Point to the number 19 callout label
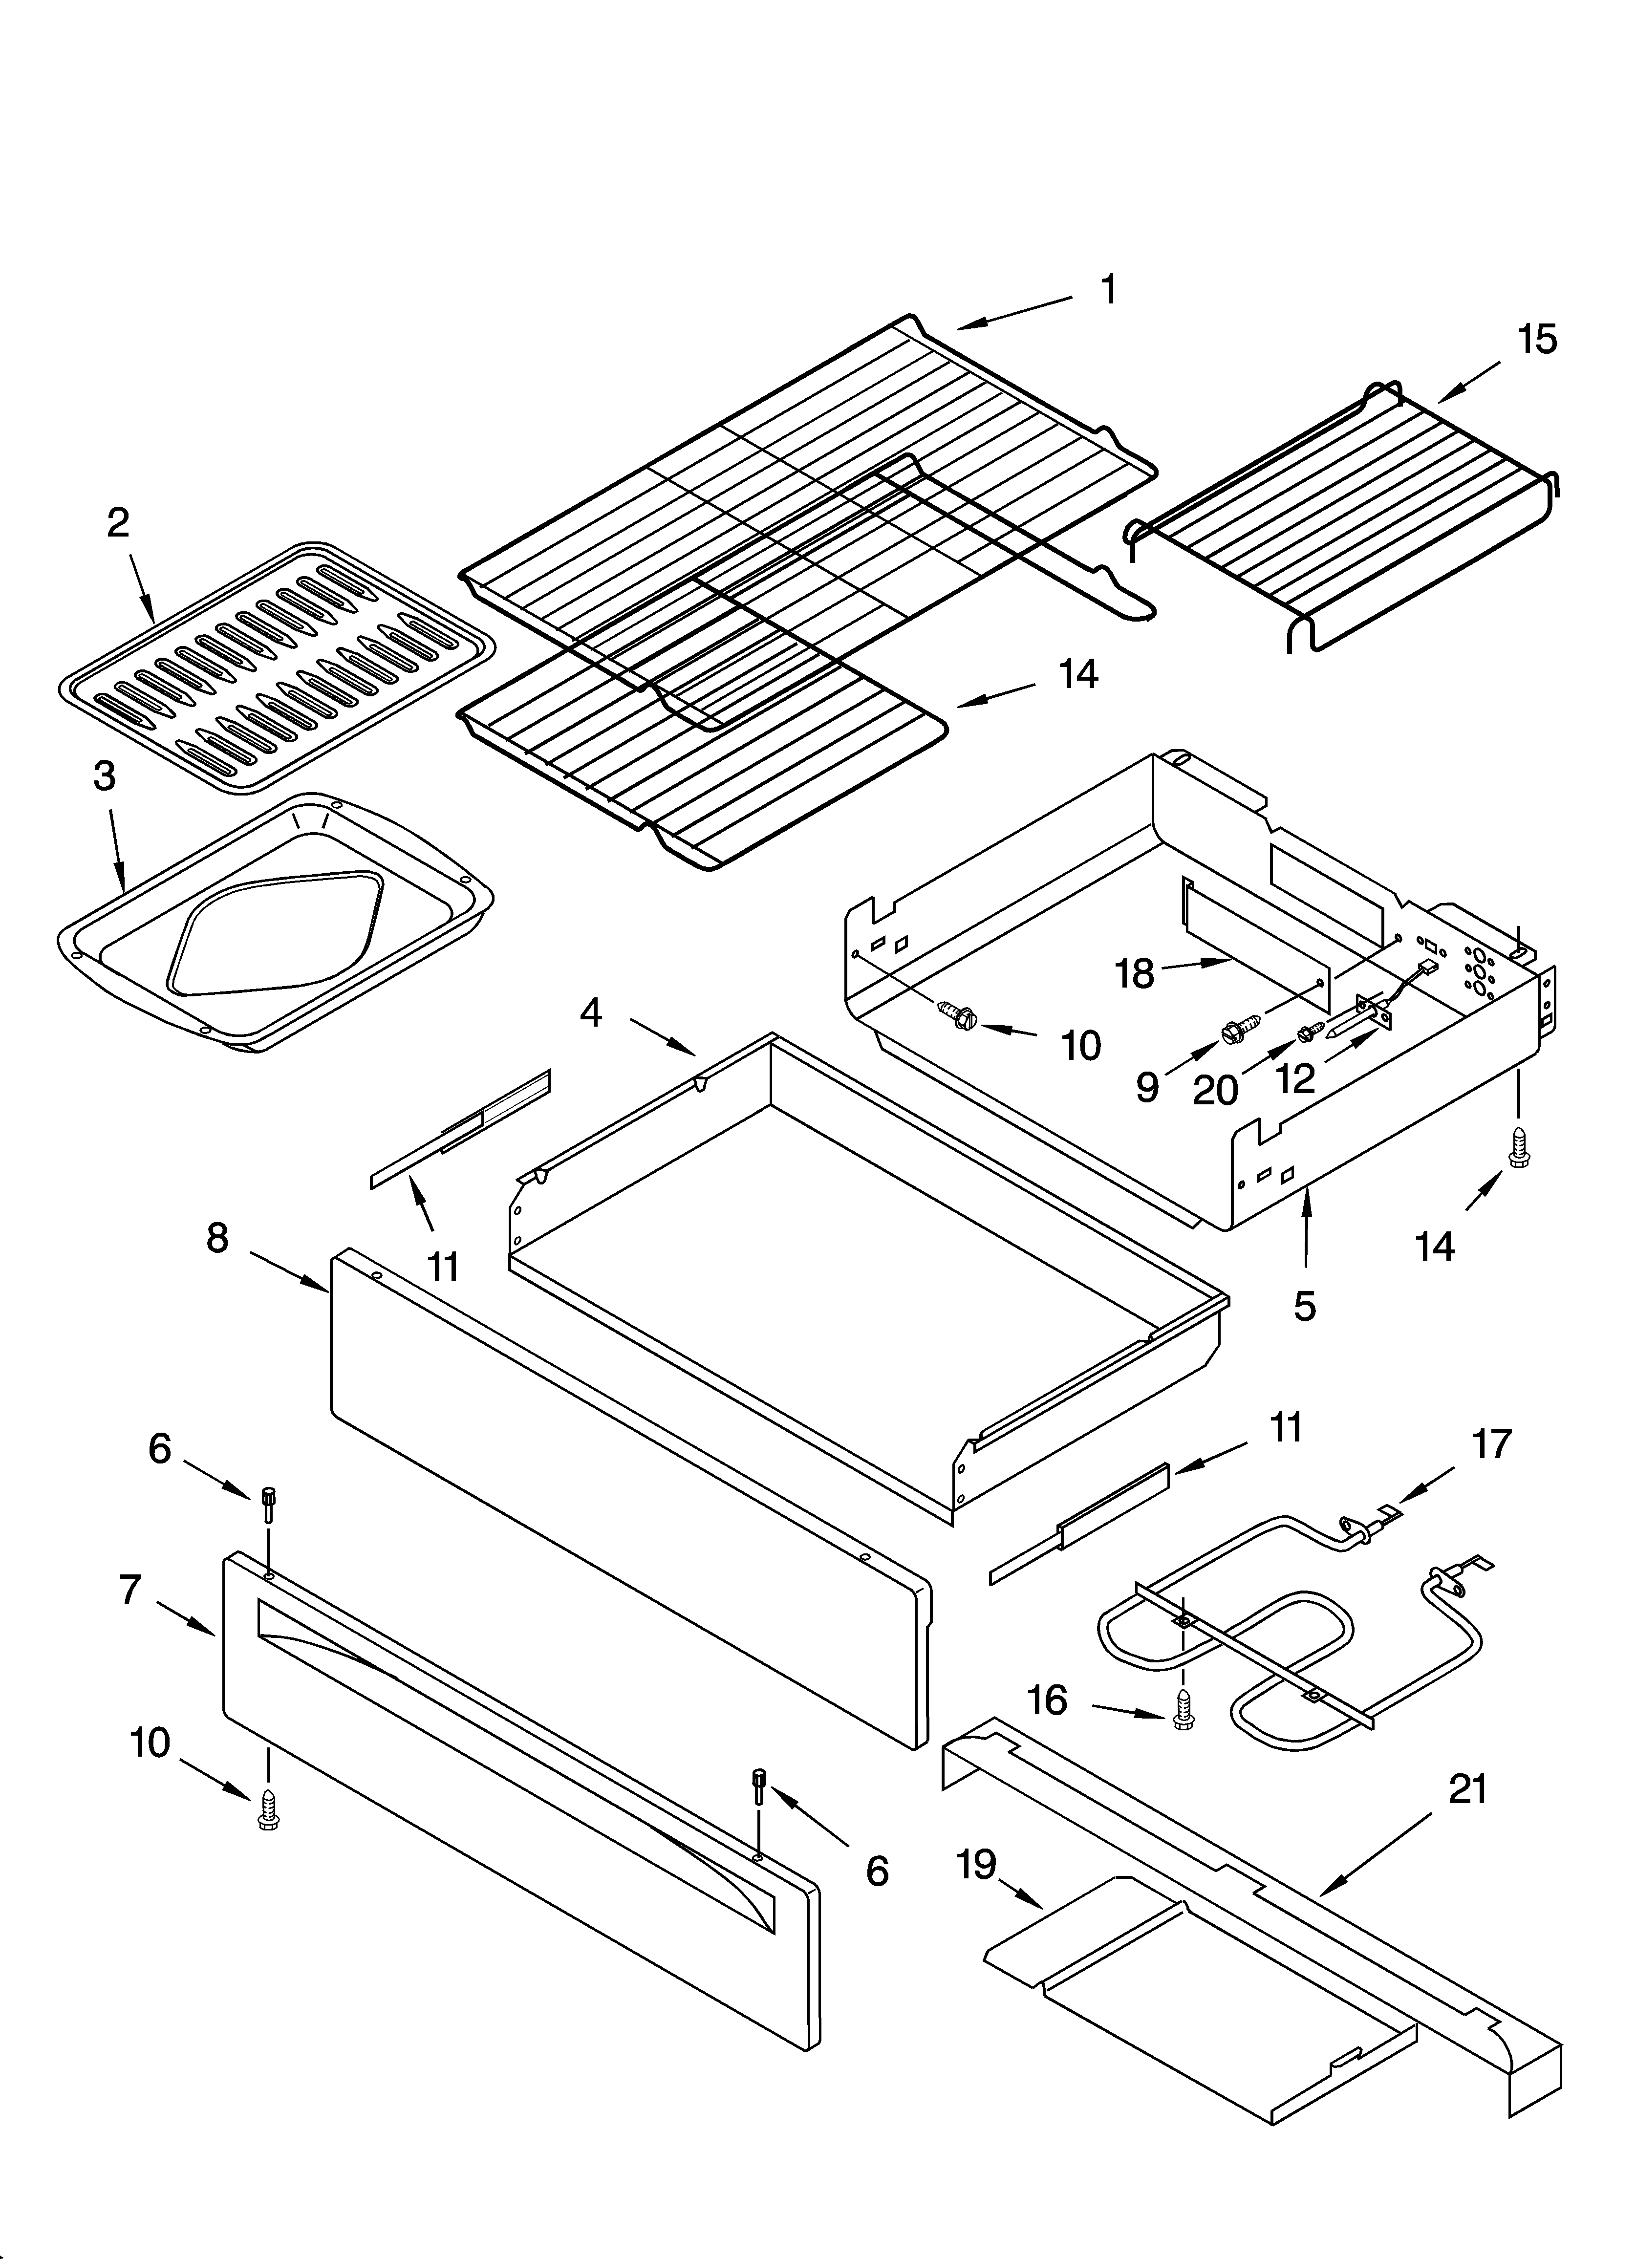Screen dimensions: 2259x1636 [x=976, y=1864]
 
